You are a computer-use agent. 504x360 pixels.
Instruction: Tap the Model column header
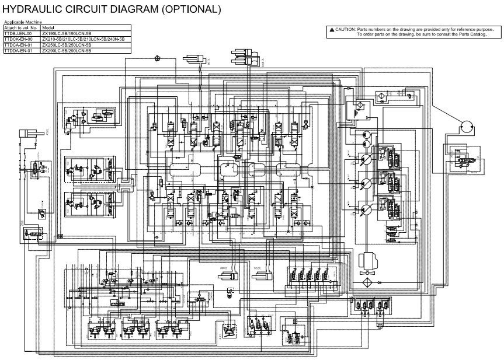[48, 28]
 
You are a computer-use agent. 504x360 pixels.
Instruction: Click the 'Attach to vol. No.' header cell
[21, 28]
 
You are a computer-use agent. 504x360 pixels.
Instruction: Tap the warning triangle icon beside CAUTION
[331, 29]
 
